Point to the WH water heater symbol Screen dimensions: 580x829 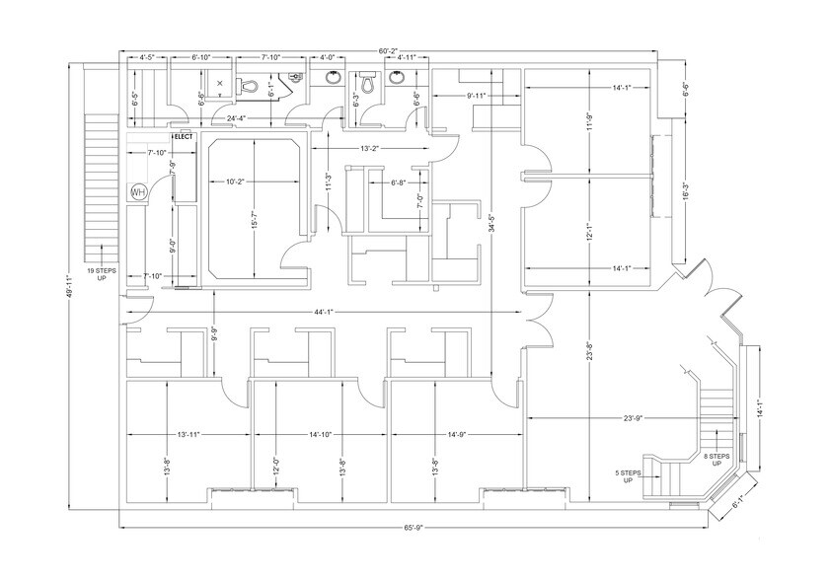[136, 192]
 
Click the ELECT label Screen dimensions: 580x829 [186, 135]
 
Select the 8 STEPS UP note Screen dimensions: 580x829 [716, 461]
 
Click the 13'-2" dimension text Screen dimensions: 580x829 [369, 148]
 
